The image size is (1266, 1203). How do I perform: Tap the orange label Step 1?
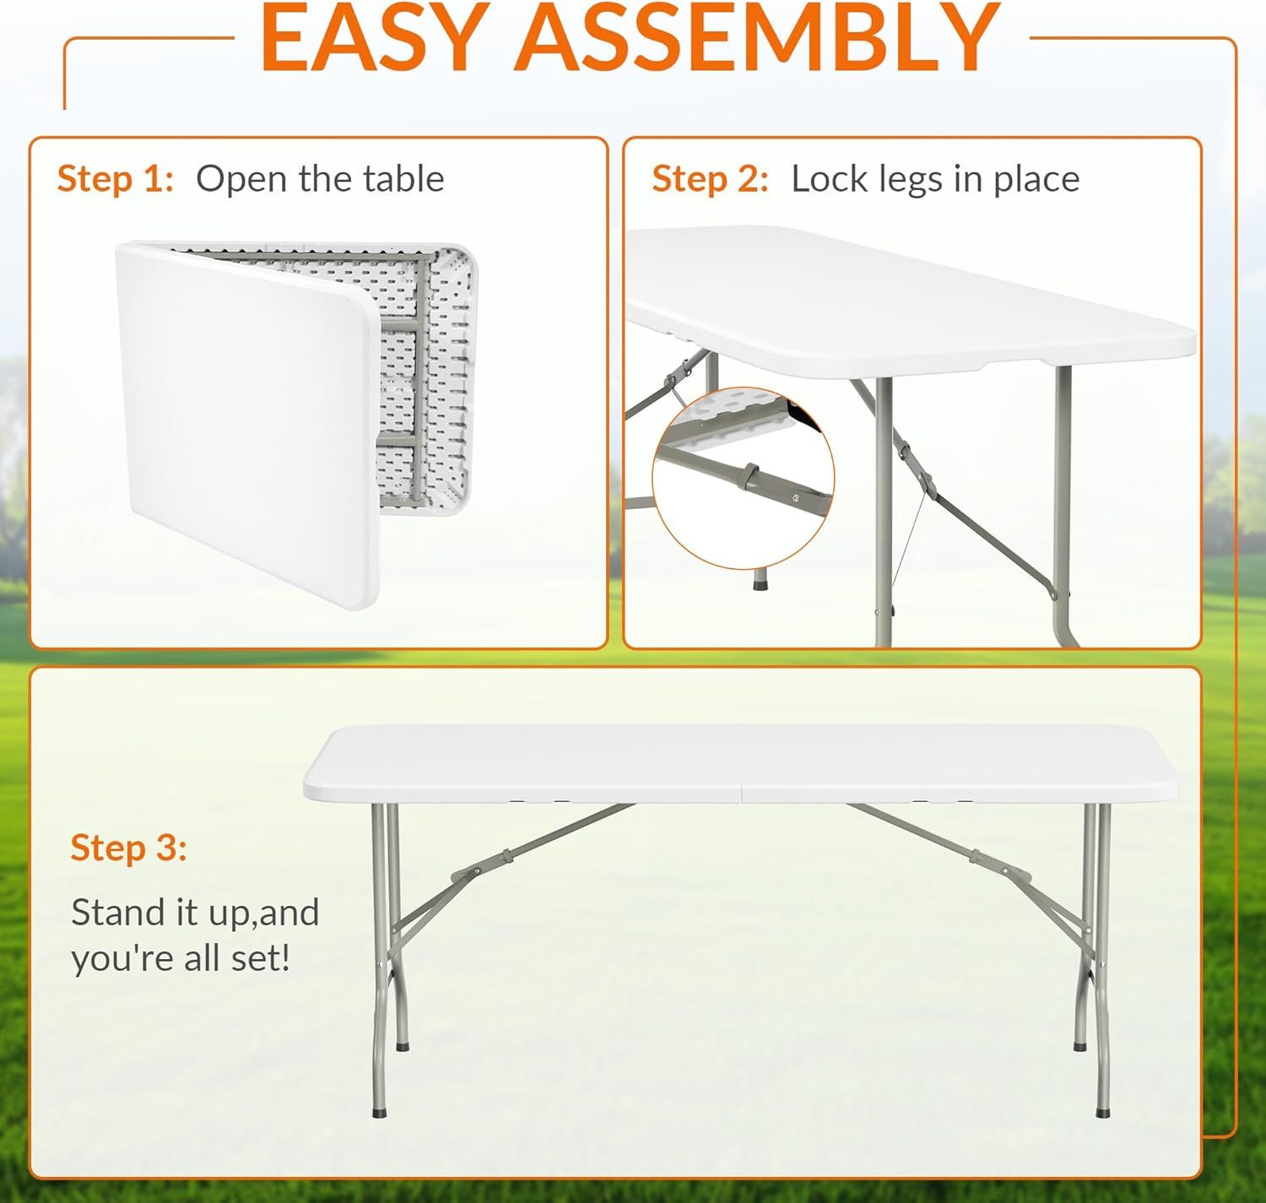tap(116, 178)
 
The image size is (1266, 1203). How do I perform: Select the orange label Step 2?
tap(711, 178)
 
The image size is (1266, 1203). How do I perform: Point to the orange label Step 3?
tap(129, 848)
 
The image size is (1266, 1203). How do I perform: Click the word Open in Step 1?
tap(241, 180)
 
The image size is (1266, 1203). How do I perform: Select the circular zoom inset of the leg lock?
tap(743, 478)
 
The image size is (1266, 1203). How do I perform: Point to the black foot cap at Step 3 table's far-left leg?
tap(380, 1111)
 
